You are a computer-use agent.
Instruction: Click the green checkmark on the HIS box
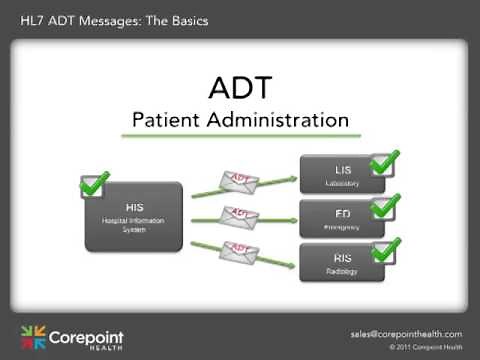tap(94, 184)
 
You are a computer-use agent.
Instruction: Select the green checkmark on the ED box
tap(385, 206)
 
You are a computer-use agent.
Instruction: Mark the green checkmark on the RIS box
tap(385, 249)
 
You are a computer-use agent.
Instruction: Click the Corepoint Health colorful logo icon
tap(33, 338)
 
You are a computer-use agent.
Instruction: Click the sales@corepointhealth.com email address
tap(406, 333)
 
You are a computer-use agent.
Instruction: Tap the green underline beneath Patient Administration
tap(240, 136)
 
